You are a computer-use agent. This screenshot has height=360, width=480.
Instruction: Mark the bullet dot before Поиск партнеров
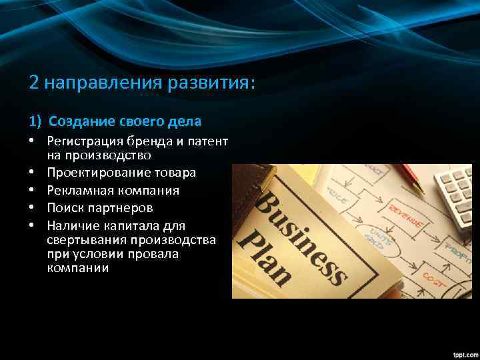(32, 208)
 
